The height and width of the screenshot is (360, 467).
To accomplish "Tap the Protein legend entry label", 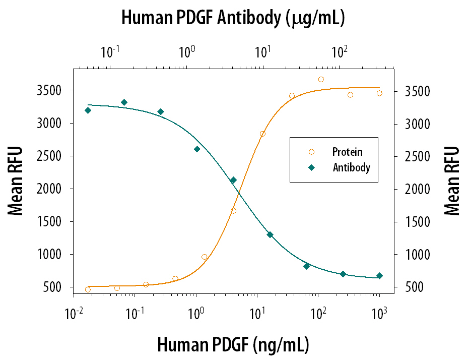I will (347, 152).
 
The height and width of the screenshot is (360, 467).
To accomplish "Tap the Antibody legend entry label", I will (351, 167).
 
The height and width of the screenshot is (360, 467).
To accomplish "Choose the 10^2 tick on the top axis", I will (340, 51).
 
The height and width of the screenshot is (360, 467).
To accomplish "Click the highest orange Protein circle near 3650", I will (321, 79).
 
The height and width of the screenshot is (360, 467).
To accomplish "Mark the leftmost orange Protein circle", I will (88, 289).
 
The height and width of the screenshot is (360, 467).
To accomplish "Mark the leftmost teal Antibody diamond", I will (88, 110).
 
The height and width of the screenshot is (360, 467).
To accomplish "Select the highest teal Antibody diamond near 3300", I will (124, 102).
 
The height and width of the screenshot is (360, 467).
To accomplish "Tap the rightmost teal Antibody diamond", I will (379, 276).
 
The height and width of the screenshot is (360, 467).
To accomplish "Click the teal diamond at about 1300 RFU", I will (270, 234).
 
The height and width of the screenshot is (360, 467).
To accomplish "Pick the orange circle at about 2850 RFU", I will (262, 134).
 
